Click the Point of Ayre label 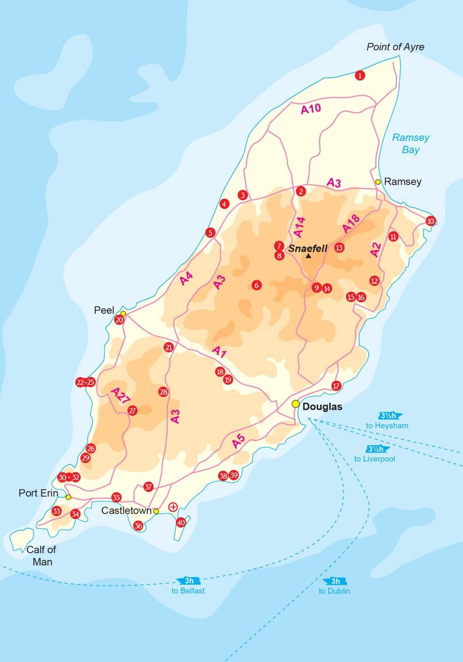pyautogui.click(x=395, y=47)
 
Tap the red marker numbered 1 pyautogui.click(x=360, y=75)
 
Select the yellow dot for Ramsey pyautogui.click(x=378, y=182)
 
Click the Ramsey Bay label pyautogui.click(x=410, y=143)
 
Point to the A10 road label pyautogui.click(x=311, y=109)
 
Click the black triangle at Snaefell pyautogui.click(x=308, y=256)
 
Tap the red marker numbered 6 pyautogui.click(x=257, y=285)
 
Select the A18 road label pyautogui.click(x=351, y=224)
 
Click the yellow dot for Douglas pyautogui.click(x=295, y=404)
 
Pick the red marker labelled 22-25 pyautogui.click(x=85, y=382)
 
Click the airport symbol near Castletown pyautogui.click(x=173, y=507)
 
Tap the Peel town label pyautogui.click(x=104, y=310)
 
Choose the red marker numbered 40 pyautogui.click(x=181, y=523)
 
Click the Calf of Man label pyautogui.click(x=41, y=555)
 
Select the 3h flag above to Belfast pyautogui.click(x=189, y=581)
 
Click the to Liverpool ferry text pyautogui.click(x=374, y=459)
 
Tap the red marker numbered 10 pyautogui.click(x=430, y=221)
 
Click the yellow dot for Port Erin pyautogui.click(x=68, y=497)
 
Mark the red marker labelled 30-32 pyautogui.click(x=69, y=477)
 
